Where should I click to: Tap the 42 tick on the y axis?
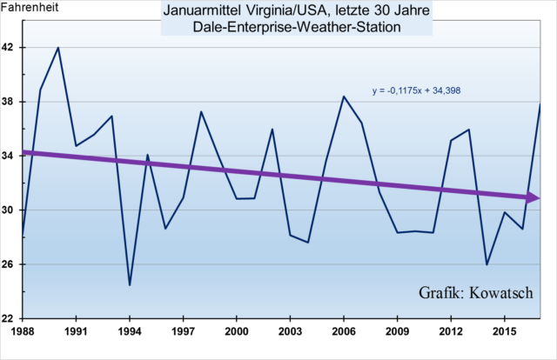(10, 48)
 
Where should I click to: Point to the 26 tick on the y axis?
(10, 264)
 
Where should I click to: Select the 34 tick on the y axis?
(10, 157)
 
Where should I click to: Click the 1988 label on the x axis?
(23, 331)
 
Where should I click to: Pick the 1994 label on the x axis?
(130, 331)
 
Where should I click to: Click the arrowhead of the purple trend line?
(535, 198)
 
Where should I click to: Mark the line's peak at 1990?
(58, 48)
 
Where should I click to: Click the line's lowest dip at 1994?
(130, 285)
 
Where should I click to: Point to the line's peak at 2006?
(344, 97)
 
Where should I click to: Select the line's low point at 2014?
(487, 264)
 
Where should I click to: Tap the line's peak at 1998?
(201, 111)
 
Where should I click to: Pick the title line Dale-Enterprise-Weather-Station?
(284, 27)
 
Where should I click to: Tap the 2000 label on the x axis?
(237, 331)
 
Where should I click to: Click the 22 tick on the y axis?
(10, 318)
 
